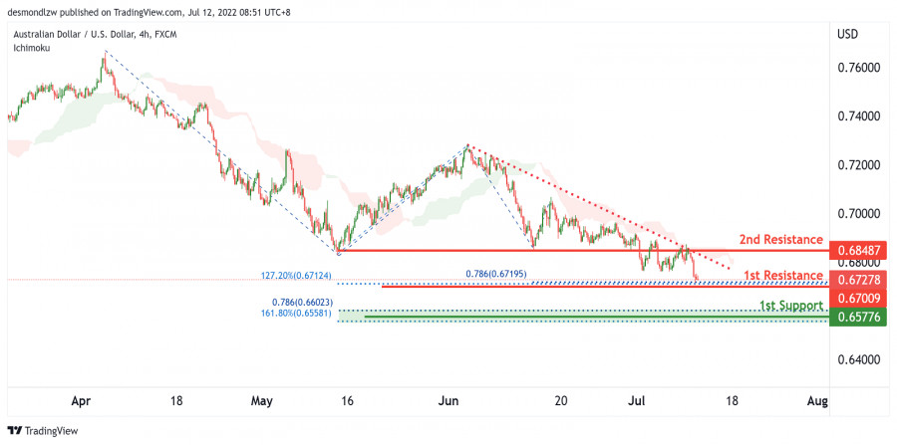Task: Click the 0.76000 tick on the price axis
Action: (859, 68)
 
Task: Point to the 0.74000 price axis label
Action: (859, 116)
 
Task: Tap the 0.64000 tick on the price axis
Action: (859, 359)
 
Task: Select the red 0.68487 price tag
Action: (859, 250)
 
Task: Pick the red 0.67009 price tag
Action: (859, 298)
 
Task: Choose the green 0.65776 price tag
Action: (859, 317)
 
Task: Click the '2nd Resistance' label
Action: (780, 240)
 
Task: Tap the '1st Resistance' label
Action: (781, 275)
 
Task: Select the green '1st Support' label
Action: (791, 306)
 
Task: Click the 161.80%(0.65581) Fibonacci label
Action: (295, 312)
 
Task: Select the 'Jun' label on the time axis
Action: (448, 400)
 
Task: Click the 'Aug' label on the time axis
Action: (817, 400)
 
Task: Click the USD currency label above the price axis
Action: (848, 34)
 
